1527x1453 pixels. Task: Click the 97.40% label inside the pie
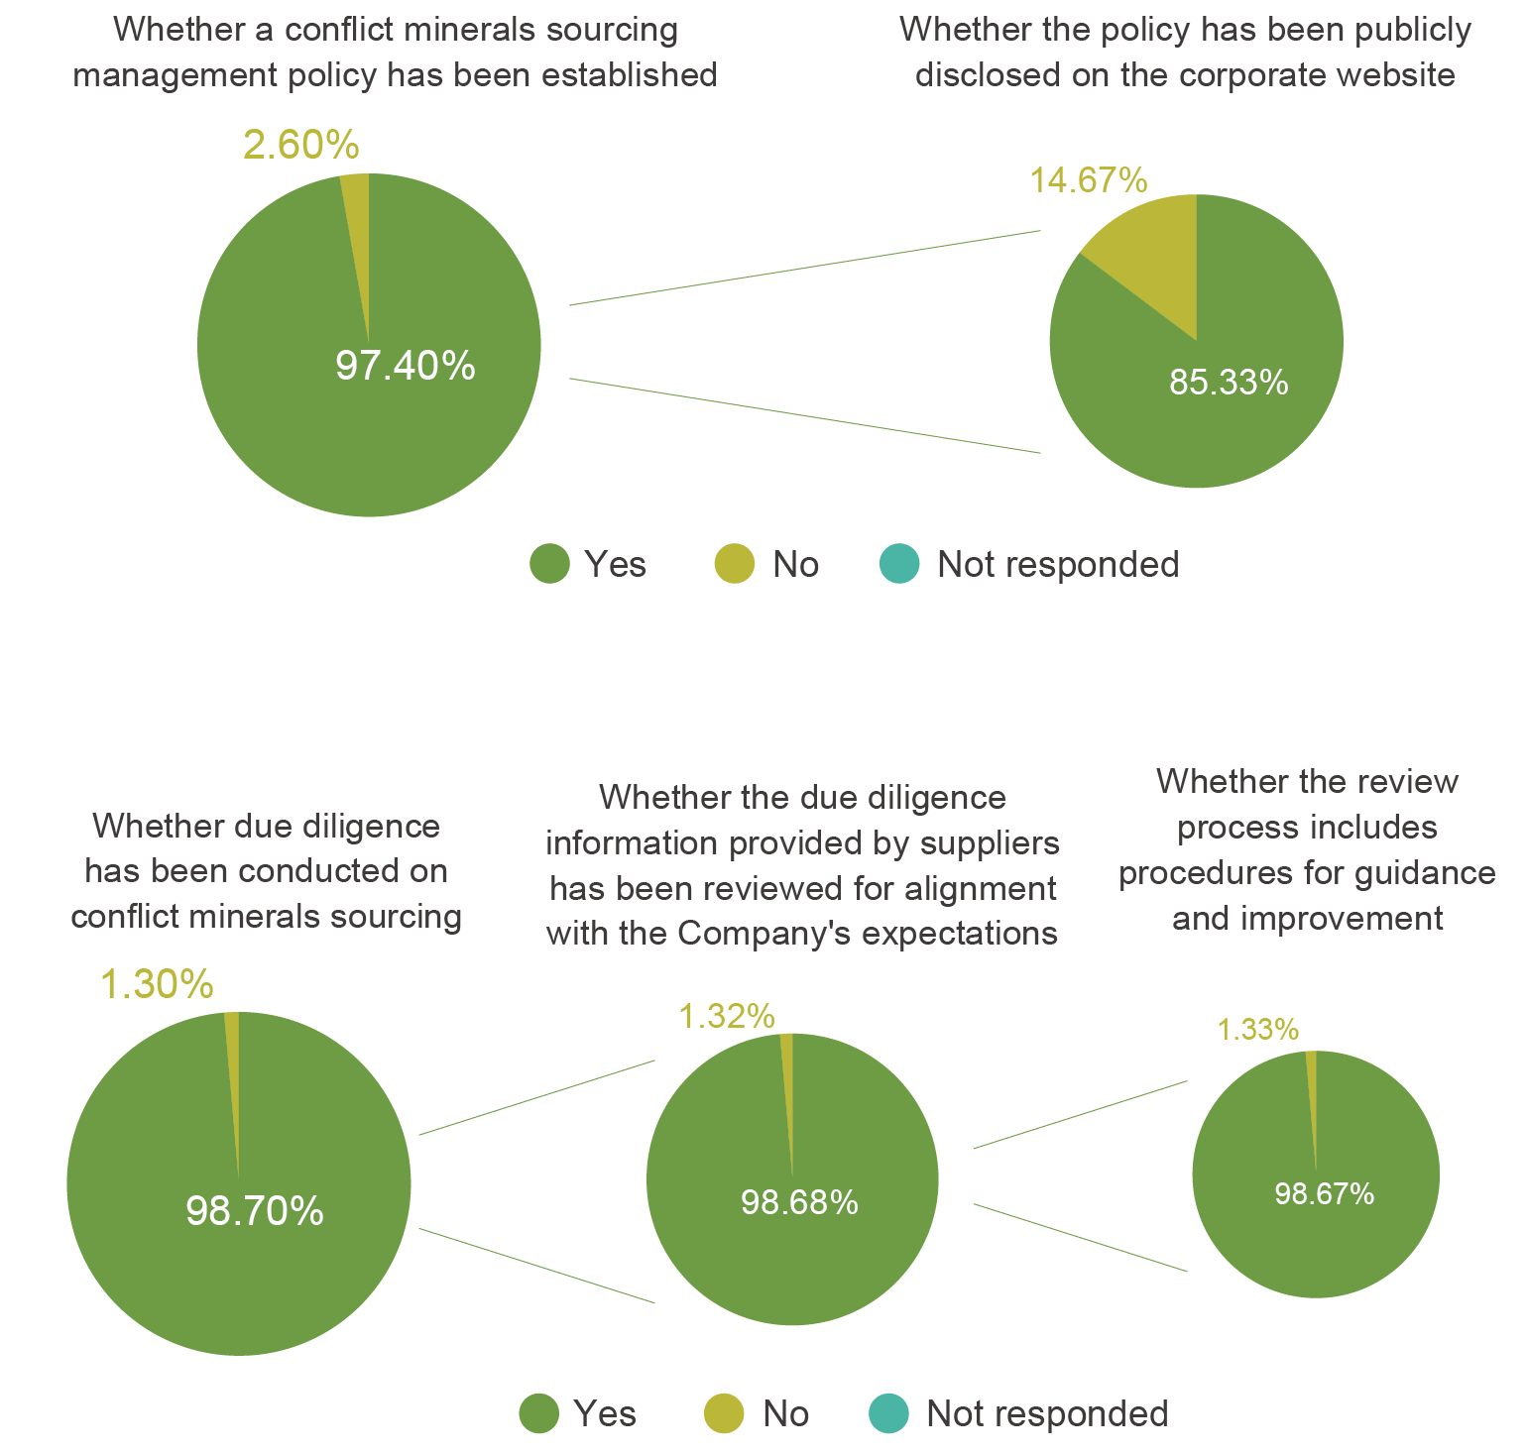(405, 367)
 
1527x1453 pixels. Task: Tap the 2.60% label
(300, 146)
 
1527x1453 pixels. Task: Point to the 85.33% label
(1228, 383)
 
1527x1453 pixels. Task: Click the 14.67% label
(1088, 180)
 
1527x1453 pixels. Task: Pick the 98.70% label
(255, 1211)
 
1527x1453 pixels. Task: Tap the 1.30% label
(157, 984)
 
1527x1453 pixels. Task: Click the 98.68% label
(799, 1203)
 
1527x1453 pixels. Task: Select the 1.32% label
(726, 1016)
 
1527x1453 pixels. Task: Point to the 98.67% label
(1324, 1194)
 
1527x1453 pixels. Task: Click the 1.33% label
(1257, 1031)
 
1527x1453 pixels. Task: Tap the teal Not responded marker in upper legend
(899, 564)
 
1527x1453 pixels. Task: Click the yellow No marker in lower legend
(724, 1413)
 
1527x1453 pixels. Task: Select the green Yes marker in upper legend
(549, 564)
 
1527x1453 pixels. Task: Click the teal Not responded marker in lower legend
(888, 1413)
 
